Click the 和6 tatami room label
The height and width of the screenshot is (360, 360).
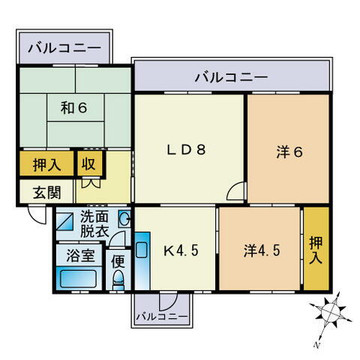point(74,108)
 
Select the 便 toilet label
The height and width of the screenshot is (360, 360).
point(118,262)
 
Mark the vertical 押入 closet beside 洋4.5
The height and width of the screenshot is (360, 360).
point(316,250)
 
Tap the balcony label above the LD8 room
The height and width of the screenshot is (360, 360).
point(231,76)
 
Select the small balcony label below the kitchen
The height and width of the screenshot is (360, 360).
point(161,317)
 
